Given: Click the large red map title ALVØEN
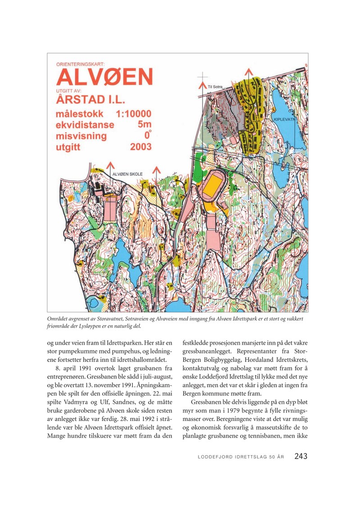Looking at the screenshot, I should point(104,77).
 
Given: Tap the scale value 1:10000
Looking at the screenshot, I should point(133,114).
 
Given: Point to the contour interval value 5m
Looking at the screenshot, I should point(144,125).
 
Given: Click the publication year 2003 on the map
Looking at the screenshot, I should point(140,147).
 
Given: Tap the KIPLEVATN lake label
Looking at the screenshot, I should point(285,120).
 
